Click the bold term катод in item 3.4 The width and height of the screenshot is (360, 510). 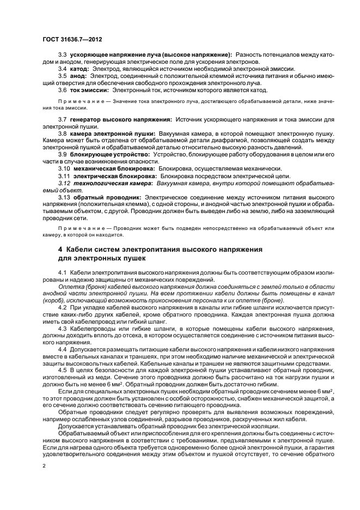79,69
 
